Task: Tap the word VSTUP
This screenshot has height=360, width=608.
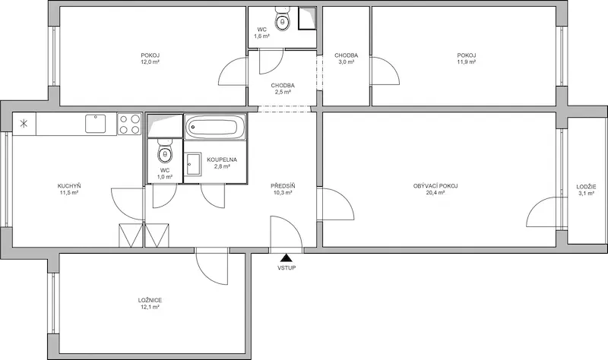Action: point(287,268)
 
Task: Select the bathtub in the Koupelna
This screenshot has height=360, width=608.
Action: point(215,127)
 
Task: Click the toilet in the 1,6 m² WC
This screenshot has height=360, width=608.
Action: point(282,21)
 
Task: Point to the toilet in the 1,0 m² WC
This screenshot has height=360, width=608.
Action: point(165,153)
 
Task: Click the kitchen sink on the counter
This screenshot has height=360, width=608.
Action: point(96,124)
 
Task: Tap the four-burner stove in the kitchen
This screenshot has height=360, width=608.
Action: point(129,124)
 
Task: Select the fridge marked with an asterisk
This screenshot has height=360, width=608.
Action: point(24,124)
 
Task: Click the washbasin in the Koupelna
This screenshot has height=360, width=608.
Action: point(193,164)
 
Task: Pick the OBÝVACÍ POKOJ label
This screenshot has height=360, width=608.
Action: point(435,186)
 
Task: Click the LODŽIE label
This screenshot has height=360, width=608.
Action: point(586,187)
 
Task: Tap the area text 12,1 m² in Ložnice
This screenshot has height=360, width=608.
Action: point(150,307)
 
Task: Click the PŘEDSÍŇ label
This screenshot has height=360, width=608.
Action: point(283,186)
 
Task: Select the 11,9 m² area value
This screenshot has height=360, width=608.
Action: point(467,62)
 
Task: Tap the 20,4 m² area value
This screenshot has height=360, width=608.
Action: point(435,193)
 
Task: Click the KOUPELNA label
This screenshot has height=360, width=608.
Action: point(222,159)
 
